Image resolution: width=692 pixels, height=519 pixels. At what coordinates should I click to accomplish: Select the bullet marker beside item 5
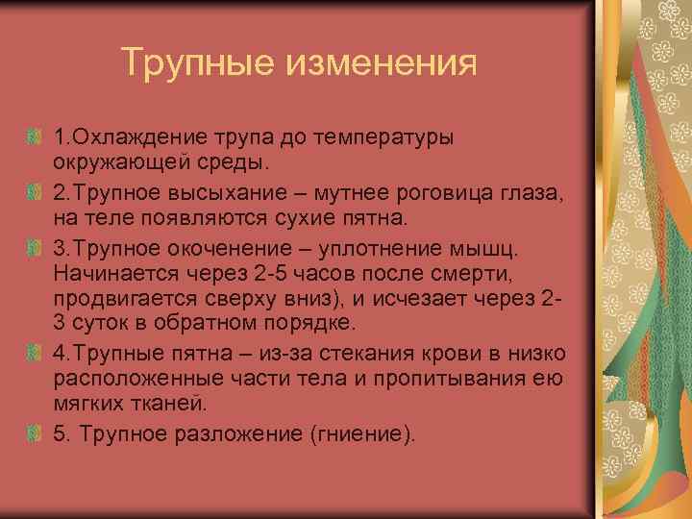pos(37,434)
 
